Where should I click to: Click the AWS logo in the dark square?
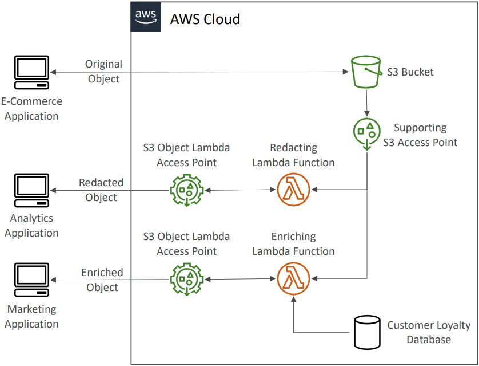tap(146, 18)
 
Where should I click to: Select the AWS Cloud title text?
tap(205, 19)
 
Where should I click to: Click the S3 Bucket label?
tap(410, 72)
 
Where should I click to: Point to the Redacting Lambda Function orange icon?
tap(293, 189)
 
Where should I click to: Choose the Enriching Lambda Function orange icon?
tap(293, 279)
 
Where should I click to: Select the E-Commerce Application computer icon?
tap(31, 72)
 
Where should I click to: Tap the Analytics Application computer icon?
tap(31, 191)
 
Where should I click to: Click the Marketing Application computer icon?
tap(31, 281)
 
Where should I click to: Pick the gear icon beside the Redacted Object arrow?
tap(187, 190)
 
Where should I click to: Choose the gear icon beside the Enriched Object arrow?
tap(187, 280)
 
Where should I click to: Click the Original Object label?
tap(103, 72)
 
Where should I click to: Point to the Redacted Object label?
tap(101, 190)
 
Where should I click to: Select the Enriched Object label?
tap(102, 280)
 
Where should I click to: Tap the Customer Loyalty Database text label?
tap(429, 332)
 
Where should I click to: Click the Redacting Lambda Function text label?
tap(293, 155)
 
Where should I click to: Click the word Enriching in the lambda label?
tap(293, 237)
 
